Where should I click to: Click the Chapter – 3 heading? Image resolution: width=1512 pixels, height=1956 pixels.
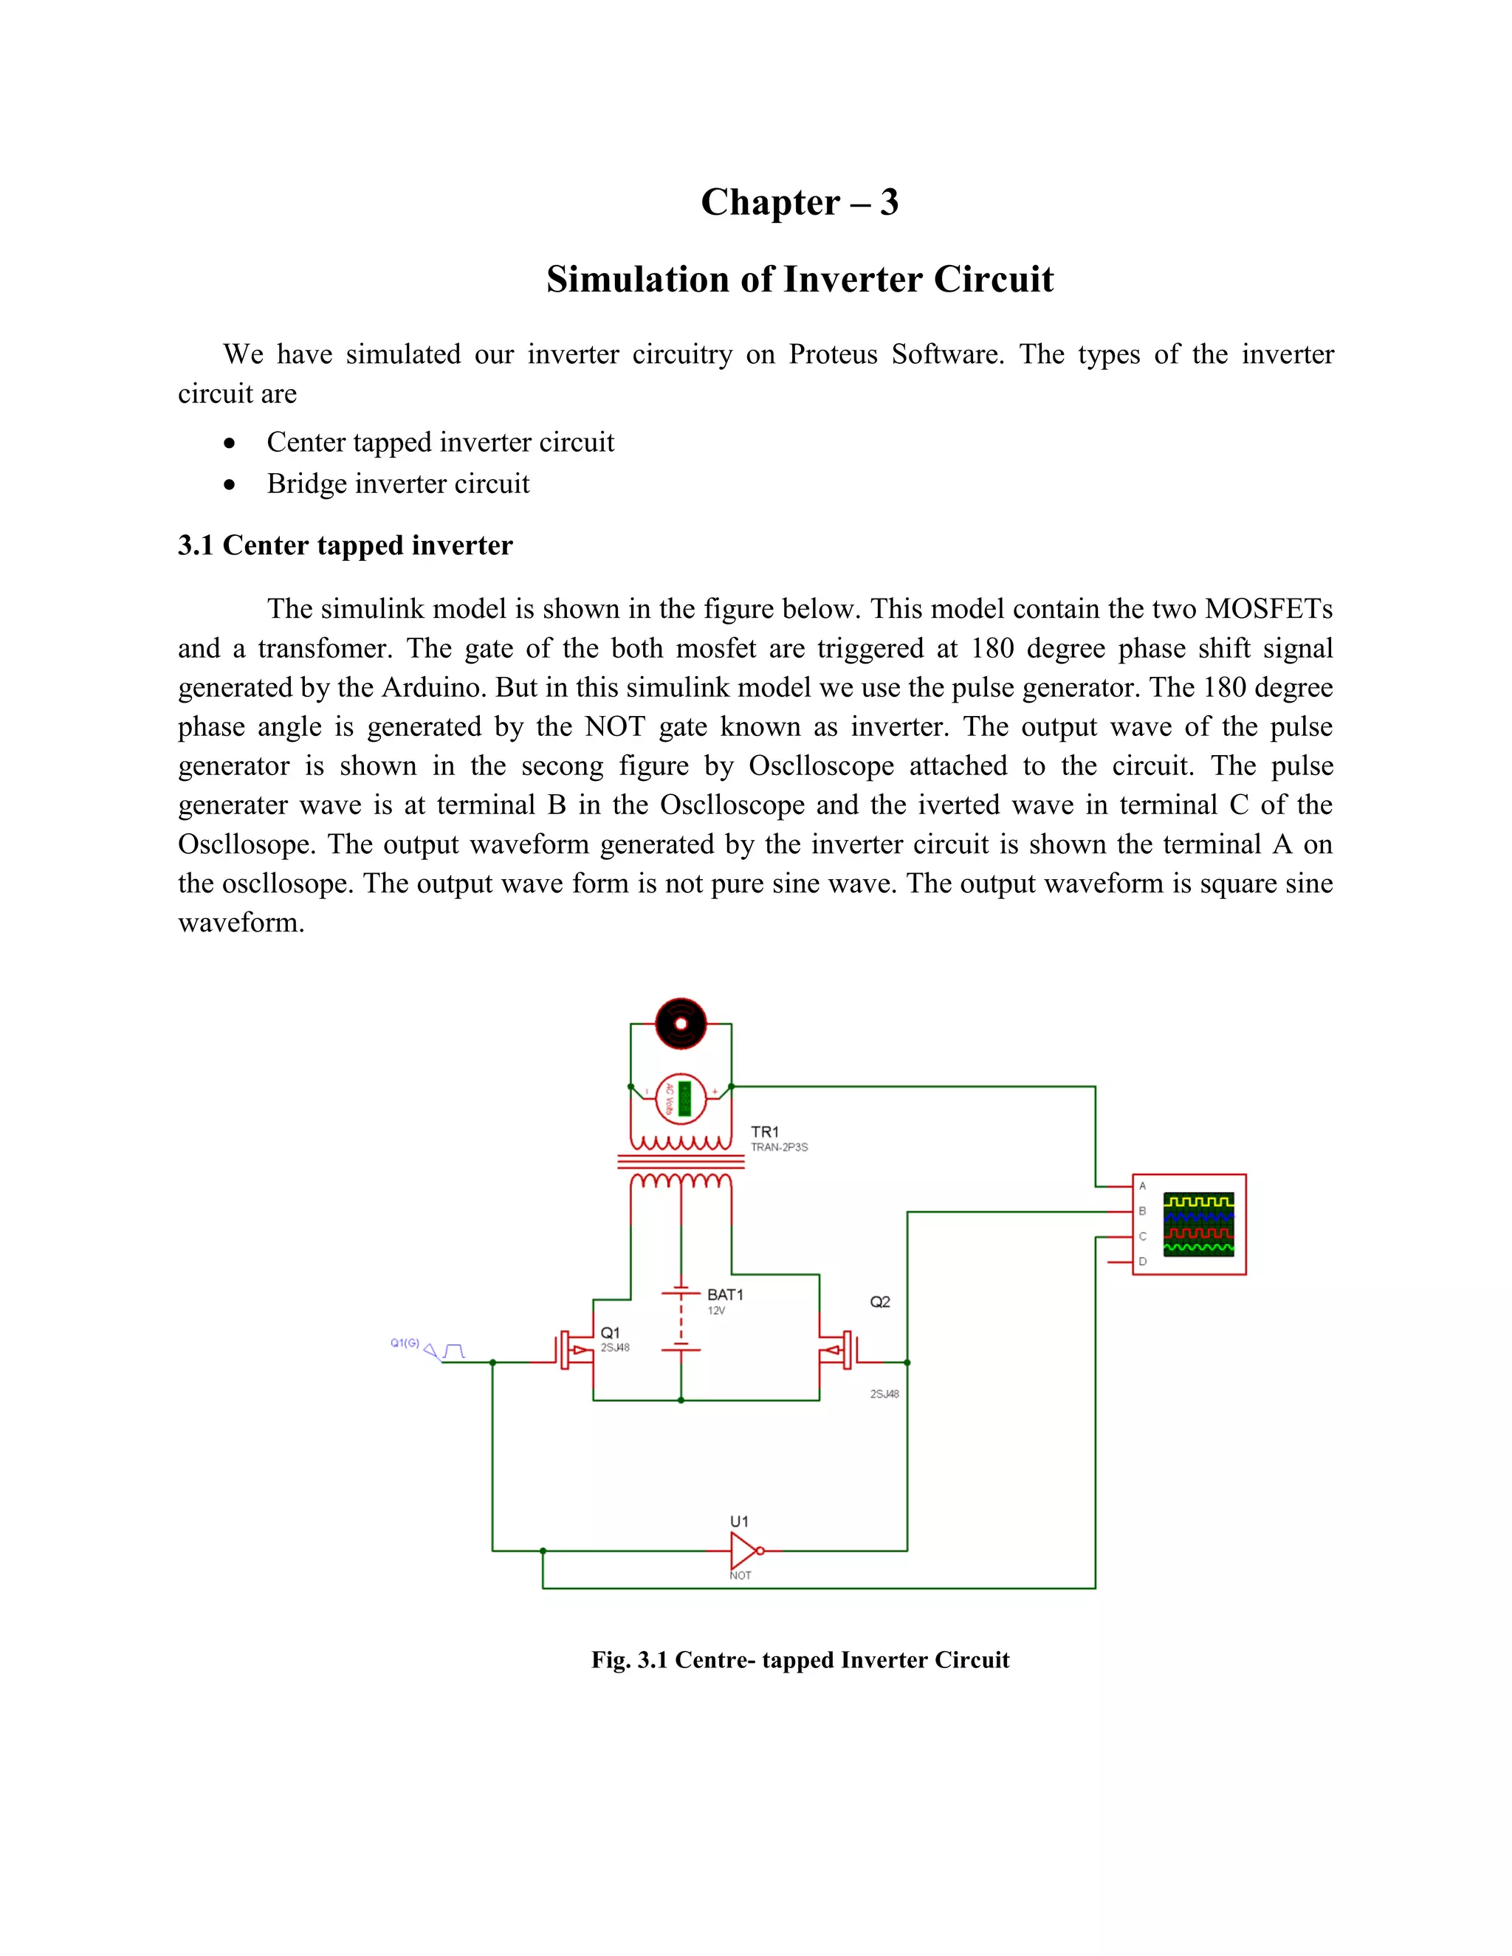799,202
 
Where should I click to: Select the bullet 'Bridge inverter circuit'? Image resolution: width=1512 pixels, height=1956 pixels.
398,483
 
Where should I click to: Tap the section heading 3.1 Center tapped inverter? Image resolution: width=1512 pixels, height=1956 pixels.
345,545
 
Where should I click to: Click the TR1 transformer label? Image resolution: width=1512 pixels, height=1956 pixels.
764,1132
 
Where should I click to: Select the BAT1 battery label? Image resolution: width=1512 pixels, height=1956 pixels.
725,1294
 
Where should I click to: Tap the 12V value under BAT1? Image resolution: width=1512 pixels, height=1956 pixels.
715,1311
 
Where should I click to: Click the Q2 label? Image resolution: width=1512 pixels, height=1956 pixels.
879,1302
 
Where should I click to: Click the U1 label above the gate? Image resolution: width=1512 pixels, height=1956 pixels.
739,1522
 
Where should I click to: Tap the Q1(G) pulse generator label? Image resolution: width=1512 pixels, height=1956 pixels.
405,1343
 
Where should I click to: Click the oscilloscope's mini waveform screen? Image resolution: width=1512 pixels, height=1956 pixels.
1197,1223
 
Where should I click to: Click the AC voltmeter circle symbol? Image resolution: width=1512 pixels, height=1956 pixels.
681,1098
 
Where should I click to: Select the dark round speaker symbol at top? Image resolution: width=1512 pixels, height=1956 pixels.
681,1023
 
